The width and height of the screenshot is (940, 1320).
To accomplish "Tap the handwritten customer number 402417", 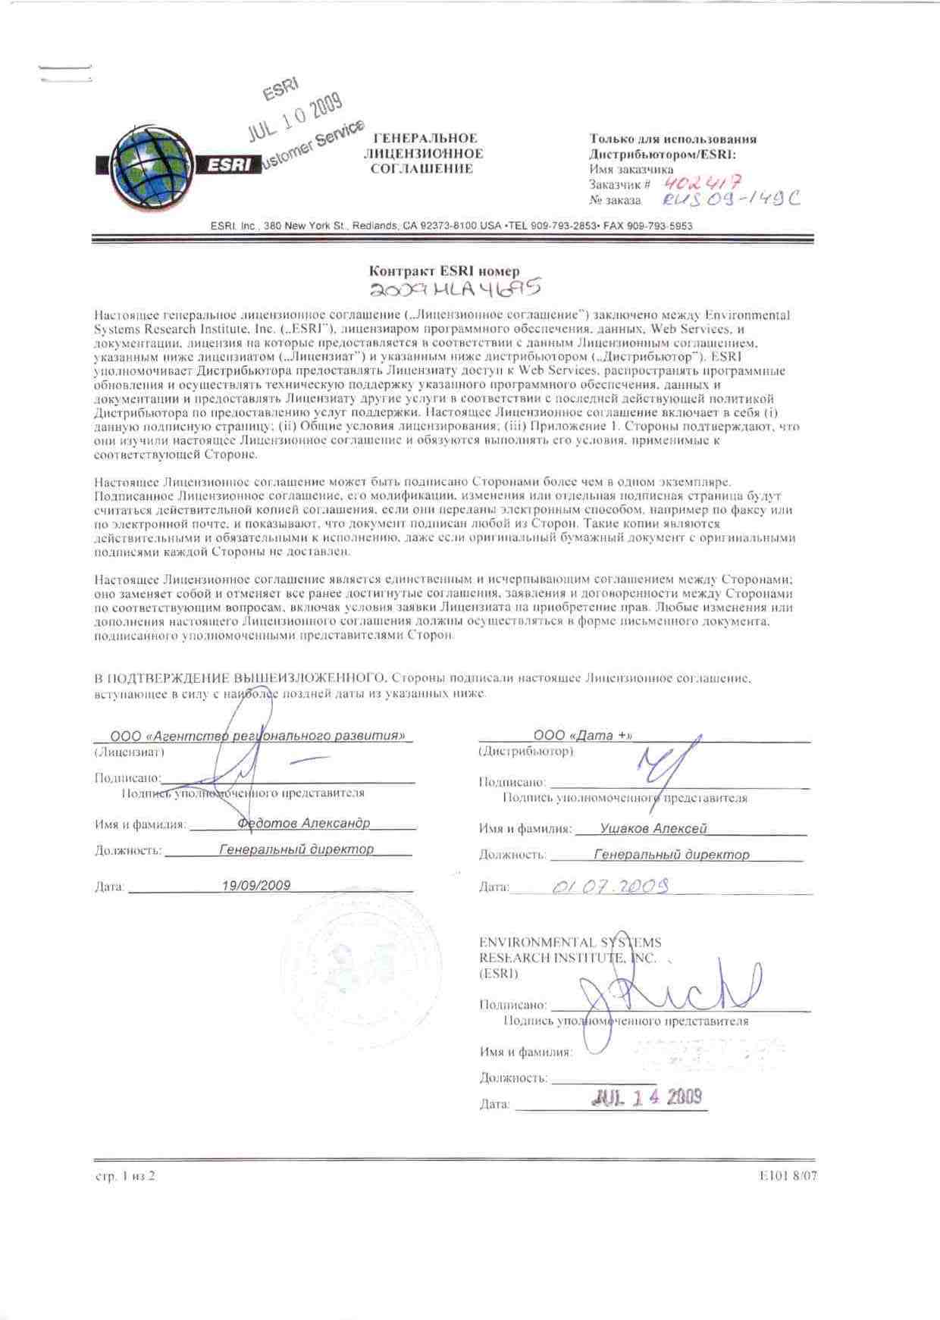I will click(701, 182).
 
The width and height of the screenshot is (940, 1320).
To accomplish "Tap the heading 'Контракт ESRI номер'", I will click(444, 271).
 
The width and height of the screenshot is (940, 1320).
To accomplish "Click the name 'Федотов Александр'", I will click(303, 823).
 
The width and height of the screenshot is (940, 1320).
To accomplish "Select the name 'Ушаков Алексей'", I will click(653, 829).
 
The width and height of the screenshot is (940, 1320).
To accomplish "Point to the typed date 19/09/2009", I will click(256, 885).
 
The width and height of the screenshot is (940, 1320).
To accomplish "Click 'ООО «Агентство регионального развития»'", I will click(257, 736).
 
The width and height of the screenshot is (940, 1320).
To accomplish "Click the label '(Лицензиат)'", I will click(129, 752).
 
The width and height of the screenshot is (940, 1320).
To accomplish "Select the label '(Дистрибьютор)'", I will click(526, 752).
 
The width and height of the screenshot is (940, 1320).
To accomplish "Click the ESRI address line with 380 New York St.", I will click(452, 226).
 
